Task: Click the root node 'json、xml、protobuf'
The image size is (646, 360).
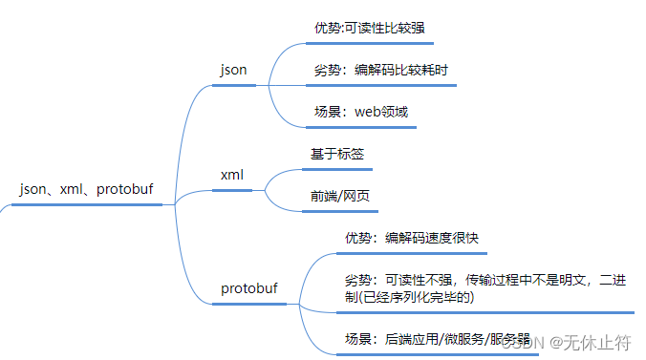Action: point(85,189)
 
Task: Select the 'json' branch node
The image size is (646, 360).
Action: point(233,70)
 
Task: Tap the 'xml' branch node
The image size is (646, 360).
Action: point(231,176)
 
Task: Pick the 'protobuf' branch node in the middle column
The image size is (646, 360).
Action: point(249,288)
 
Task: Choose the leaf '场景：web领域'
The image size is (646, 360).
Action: point(361,112)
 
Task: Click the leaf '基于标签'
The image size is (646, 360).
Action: point(336,154)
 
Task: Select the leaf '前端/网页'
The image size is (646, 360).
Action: point(340,197)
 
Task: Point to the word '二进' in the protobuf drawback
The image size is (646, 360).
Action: point(619,280)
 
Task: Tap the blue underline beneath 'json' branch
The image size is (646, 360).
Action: point(234,85)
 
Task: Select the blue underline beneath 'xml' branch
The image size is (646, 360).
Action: point(232,190)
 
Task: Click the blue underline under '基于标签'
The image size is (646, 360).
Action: point(337,169)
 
